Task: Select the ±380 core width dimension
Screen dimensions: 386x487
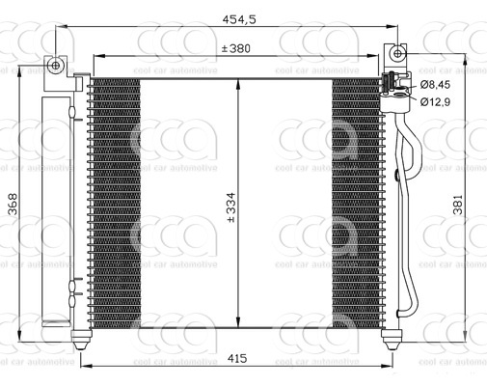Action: [237, 48]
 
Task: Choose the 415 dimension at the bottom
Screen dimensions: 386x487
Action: [237, 359]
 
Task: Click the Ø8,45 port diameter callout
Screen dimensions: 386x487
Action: [436, 86]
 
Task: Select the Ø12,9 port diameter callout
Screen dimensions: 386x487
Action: [436, 101]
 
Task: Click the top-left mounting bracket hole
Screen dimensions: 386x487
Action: [57, 66]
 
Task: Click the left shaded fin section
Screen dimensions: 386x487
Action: [117, 203]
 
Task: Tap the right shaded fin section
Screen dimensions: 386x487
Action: [358, 203]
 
